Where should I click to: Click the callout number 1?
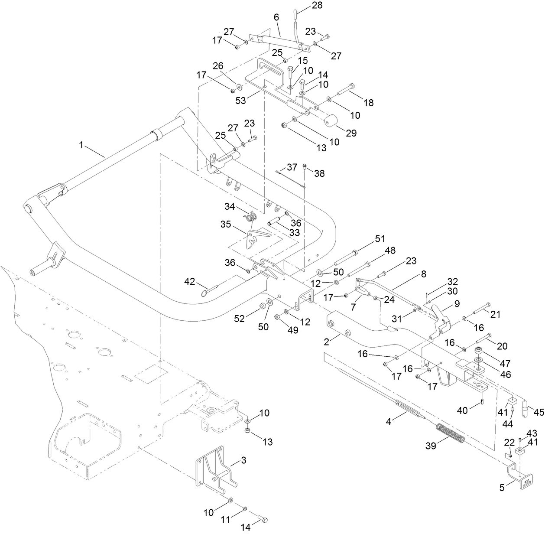point(81,145)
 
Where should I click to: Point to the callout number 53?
point(240,100)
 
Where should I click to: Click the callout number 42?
point(189,281)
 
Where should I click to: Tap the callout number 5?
point(502,487)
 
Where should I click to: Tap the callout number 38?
point(319,173)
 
